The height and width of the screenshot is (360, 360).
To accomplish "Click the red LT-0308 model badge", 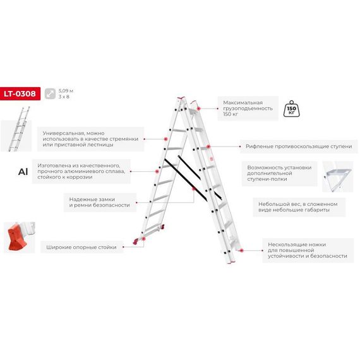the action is [x=20, y=93].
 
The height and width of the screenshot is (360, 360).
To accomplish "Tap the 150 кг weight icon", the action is [x=291, y=109].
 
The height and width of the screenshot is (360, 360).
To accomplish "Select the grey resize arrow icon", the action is [x=50, y=93].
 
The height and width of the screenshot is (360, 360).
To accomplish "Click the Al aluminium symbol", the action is [x=23, y=172].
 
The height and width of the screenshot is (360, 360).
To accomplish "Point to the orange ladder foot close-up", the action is [x=20, y=237].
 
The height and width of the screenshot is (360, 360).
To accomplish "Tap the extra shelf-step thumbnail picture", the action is [x=337, y=177].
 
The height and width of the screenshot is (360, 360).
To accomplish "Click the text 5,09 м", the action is [x=66, y=91].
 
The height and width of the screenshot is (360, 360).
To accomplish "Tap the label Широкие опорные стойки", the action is [x=81, y=248].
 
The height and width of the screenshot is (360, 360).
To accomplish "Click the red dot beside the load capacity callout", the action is [x=198, y=109].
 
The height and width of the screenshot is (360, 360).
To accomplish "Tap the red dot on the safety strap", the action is [x=194, y=189].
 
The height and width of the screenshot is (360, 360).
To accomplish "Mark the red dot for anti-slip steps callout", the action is [x=208, y=147].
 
